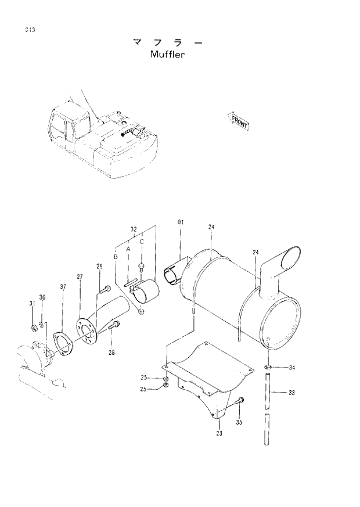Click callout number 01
click(180, 222)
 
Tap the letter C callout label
click(141, 242)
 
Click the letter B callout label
click(116, 256)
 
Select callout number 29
click(99, 266)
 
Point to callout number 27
click(80, 276)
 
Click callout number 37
click(63, 286)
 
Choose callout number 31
click(33, 304)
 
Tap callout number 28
click(110, 352)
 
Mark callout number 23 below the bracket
click(219, 432)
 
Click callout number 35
click(239, 422)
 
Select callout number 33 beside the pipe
click(291, 393)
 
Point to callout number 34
click(291, 368)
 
